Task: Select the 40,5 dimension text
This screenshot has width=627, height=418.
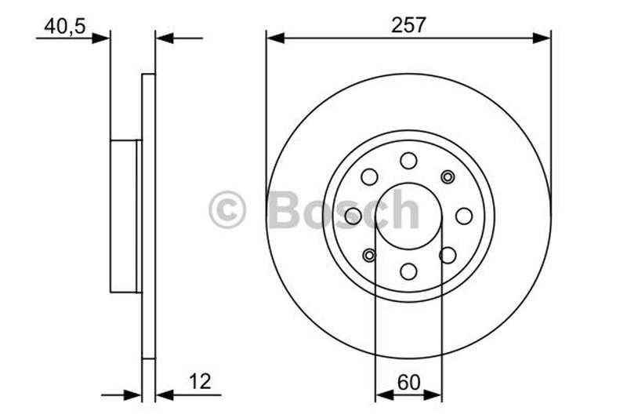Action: [x=64, y=26]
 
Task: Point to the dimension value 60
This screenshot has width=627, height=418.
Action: [x=408, y=382]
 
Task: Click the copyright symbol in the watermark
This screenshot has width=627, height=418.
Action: [x=227, y=210]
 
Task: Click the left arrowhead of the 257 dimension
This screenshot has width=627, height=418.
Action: [x=275, y=37]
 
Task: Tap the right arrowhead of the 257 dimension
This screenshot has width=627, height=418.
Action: [x=542, y=37]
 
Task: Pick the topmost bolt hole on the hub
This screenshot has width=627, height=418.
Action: [x=408, y=161]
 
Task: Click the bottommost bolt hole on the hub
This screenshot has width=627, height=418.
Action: [x=408, y=271]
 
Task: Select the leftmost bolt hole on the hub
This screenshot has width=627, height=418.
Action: [x=353, y=216]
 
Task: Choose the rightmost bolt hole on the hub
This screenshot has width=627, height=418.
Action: [x=464, y=216]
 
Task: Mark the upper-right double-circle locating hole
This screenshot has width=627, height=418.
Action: [x=448, y=176]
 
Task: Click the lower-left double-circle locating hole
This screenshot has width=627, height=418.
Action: [x=369, y=255]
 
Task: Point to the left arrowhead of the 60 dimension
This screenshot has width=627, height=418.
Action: [x=383, y=395]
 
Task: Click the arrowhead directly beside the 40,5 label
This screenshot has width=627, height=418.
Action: [x=101, y=37]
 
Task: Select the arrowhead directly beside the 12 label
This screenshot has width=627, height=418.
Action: [x=165, y=395]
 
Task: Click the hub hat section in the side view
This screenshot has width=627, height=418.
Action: [x=124, y=216]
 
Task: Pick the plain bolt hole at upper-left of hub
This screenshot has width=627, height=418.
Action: [x=369, y=176]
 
